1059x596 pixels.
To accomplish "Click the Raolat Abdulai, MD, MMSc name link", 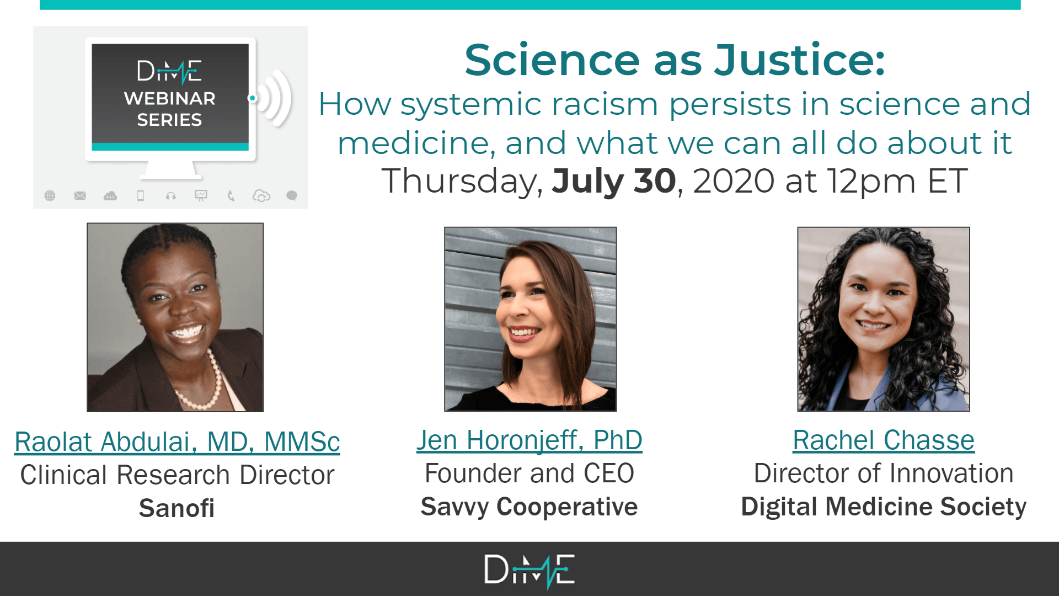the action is (177, 442).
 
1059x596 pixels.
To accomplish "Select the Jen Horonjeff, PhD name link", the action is (529, 440).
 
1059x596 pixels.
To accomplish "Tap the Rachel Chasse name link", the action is (884, 440).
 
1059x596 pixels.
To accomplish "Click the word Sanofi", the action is (176, 508).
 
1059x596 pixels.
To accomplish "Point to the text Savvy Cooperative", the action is (529, 507).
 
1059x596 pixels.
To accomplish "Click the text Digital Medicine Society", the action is (884, 507).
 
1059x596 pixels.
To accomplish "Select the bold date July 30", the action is (614, 182).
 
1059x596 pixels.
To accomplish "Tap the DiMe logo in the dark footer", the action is (529, 571).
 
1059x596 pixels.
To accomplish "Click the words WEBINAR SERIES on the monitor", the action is (170, 109).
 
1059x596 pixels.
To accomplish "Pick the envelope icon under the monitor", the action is (80, 195).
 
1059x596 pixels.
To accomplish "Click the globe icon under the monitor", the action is (50, 195).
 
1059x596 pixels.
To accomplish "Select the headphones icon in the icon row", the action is (171, 195).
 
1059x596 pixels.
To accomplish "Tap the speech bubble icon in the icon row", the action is (292, 195).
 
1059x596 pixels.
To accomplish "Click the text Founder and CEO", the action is (529, 473).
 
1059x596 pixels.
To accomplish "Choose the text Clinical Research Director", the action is (177, 475).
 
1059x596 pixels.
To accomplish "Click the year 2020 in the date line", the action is (734, 182).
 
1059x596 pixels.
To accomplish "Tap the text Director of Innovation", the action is (884, 473).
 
